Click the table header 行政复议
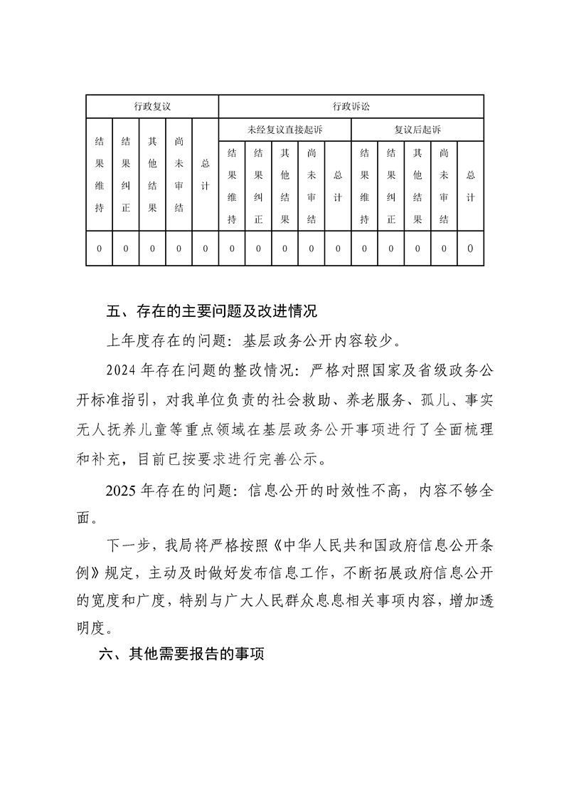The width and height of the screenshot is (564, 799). coord(152,107)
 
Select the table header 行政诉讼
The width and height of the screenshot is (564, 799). coord(351,107)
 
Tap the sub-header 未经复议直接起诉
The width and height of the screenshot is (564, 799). coord(284,130)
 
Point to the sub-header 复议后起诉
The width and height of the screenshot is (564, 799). coord(417,130)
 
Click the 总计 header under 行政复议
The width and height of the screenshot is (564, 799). coord(206,174)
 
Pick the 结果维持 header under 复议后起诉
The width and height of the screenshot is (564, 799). coord(364,186)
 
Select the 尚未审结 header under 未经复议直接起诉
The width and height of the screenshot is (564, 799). coord(312,186)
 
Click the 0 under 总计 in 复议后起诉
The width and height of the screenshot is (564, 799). coord(470,249)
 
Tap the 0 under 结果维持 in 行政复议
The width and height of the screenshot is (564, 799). coord(100,249)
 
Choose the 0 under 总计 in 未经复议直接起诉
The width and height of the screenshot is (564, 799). coord(338,249)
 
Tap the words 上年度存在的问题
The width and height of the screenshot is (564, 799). coord(156,340)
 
